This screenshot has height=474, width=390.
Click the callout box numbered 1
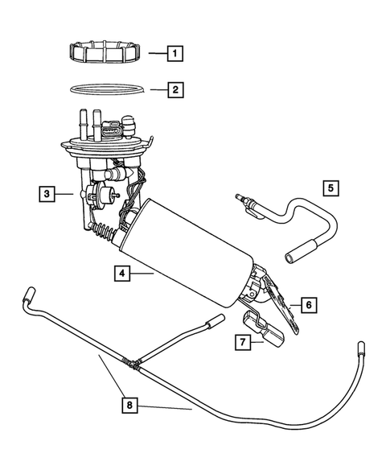point(174,54)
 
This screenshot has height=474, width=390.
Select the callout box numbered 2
point(174,89)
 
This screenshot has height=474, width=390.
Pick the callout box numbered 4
point(121,274)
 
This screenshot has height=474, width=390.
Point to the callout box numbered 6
point(308,305)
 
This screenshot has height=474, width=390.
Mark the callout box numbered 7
point(240,341)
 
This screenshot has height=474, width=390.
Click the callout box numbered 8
point(129,406)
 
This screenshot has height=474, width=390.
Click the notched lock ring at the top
point(105,54)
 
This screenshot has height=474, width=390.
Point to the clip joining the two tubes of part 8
point(132,363)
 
